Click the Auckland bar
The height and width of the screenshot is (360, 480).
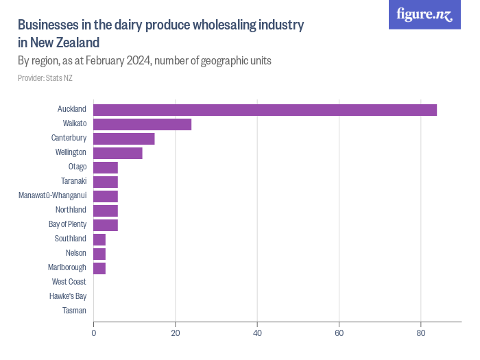(x=265, y=110)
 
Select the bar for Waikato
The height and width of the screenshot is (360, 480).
(x=142, y=124)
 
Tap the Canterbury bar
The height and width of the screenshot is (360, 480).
(x=123, y=139)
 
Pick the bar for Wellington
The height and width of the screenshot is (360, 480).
(x=117, y=153)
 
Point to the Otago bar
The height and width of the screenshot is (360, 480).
(x=106, y=167)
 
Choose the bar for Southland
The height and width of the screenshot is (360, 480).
(x=99, y=239)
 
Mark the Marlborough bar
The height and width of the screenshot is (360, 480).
(x=99, y=267)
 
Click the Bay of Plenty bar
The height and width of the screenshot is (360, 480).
(x=106, y=224)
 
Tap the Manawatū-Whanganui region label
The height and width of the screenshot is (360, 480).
(x=52, y=195)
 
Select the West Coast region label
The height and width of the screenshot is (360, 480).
(x=69, y=282)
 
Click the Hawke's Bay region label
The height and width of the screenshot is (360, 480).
(x=67, y=296)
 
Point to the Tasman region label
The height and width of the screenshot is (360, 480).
(x=73, y=311)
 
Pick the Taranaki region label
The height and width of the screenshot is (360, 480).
(x=73, y=181)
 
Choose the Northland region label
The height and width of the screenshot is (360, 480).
(x=71, y=210)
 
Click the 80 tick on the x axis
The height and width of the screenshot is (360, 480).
(x=421, y=333)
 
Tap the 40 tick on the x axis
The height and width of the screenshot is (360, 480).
(x=257, y=333)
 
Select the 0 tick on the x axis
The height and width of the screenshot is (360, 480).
(x=93, y=333)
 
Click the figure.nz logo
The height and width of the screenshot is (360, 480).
(x=424, y=15)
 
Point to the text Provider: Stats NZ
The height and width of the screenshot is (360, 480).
(x=45, y=78)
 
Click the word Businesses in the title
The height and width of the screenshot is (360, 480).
(x=47, y=25)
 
